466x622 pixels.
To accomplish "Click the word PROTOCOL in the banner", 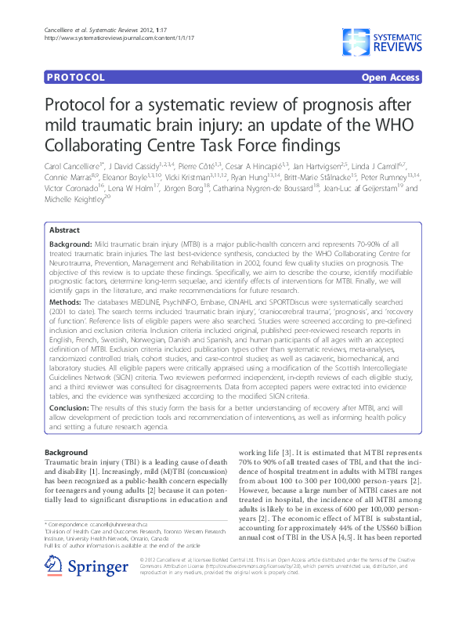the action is [x=76, y=78].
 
